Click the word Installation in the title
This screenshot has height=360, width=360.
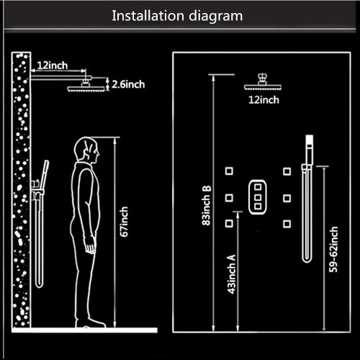(x=148, y=16)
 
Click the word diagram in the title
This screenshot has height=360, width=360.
(x=216, y=17)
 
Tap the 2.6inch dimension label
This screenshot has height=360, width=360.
(x=128, y=84)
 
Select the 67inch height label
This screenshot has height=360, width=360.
(x=124, y=222)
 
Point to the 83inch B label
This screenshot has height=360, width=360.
(x=207, y=205)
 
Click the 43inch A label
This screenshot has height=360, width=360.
(x=232, y=274)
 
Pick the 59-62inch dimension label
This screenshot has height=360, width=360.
(x=333, y=249)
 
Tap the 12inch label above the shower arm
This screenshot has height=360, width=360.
(x=53, y=66)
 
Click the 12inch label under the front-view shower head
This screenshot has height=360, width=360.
(x=264, y=100)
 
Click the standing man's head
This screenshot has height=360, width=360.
(x=86, y=149)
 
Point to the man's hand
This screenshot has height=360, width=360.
(x=91, y=248)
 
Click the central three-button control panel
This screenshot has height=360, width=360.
(x=258, y=197)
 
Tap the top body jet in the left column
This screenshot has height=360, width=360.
(x=229, y=171)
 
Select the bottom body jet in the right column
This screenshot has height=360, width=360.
(x=287, y=224)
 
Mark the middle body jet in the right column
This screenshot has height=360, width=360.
(x=287, y=198)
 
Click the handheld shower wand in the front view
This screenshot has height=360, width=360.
(x=307, y=199)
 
